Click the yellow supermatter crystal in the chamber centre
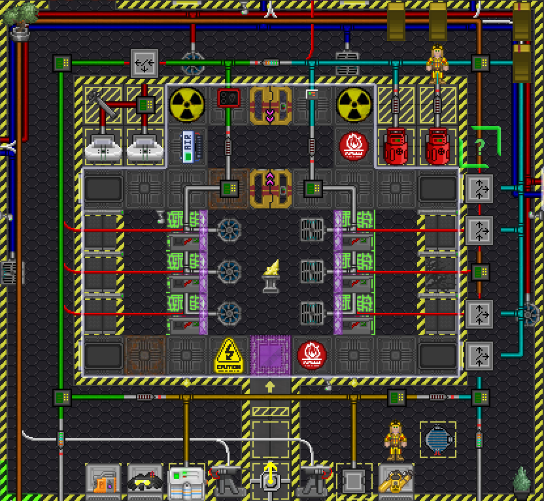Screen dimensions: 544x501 click(270, 274)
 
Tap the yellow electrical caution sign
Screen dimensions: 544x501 click(228, 355)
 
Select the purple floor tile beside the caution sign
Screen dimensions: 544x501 click(269, 355)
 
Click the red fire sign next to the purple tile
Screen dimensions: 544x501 click(312, 355)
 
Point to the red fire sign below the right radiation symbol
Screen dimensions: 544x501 click(354, 146)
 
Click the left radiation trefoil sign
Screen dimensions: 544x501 click(186, 104)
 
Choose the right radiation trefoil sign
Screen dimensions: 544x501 click(354, 104)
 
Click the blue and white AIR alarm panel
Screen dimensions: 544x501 click(186, 146)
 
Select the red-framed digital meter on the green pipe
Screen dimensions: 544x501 click(228, 99)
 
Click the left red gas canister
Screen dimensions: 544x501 click(396, 146)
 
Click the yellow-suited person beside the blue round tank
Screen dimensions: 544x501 click(396, 441)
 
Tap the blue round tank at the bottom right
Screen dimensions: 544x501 click(437, 439)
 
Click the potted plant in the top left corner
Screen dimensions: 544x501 click(20, 18)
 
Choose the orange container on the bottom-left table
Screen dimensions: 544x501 click(103, 484)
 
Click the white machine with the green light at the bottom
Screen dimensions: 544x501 click(186, 481)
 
